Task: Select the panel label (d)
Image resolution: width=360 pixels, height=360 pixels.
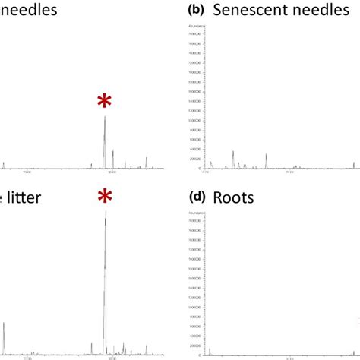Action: click(x=197, y=197)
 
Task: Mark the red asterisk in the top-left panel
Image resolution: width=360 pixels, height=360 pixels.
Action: click(x=105, y=103)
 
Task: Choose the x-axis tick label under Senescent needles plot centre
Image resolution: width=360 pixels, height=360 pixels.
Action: click(x=289, y=172)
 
